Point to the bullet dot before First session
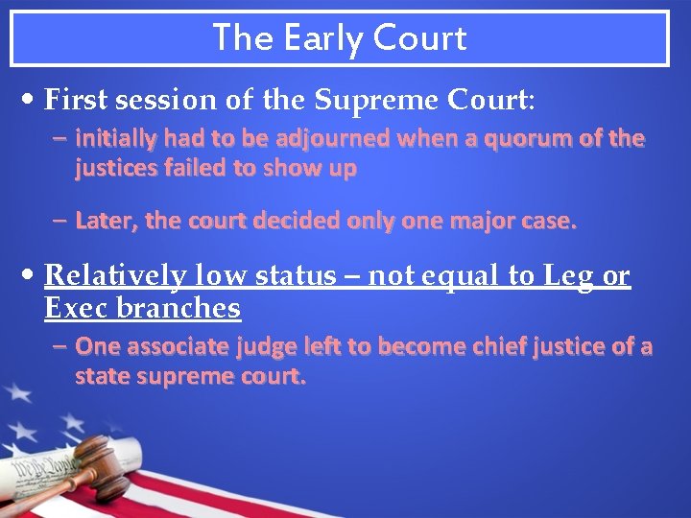point(33,100)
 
